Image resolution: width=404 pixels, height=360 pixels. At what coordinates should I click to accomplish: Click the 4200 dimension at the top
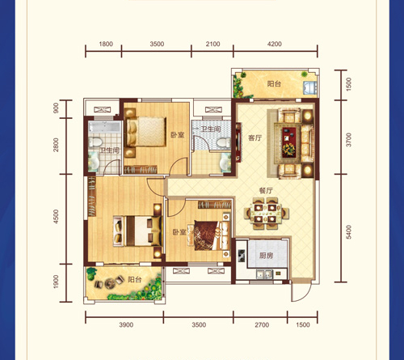coord(275,44)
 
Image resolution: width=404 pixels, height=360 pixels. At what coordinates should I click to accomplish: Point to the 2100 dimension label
coord(213,44)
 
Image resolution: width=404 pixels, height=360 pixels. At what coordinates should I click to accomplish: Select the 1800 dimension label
coord(106,44)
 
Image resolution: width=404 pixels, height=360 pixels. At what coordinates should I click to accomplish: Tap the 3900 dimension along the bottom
coord(126,325)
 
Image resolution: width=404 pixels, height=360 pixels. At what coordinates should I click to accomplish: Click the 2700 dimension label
coord(262,325)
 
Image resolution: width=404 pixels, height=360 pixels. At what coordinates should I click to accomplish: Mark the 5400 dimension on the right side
coord(349,232)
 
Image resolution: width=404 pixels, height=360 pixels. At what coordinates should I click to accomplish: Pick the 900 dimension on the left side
coord(56,108)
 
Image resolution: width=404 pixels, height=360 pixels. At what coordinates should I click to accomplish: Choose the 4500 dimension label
coord(56,216)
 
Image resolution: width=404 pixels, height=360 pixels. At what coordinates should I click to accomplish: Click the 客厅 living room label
coord(255,138)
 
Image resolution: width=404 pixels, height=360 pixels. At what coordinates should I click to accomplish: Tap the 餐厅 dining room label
coord(266,191)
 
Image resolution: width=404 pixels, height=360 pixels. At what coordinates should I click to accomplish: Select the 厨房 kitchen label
coord(266,256)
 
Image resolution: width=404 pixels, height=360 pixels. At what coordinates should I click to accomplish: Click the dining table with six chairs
coord(266,213)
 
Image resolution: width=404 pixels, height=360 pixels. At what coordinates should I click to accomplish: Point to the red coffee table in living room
coord(289,142)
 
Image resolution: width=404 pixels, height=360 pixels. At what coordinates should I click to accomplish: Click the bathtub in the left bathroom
coord(105,127)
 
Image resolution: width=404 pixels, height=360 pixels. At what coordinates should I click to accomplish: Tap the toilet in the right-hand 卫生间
coord(224,143)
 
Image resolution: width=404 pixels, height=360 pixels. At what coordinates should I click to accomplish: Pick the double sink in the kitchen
coord(264,274)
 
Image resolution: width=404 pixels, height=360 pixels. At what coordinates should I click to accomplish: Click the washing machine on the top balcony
coord(310,87)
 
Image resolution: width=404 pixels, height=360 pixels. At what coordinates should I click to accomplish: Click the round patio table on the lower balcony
coord(110,283)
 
